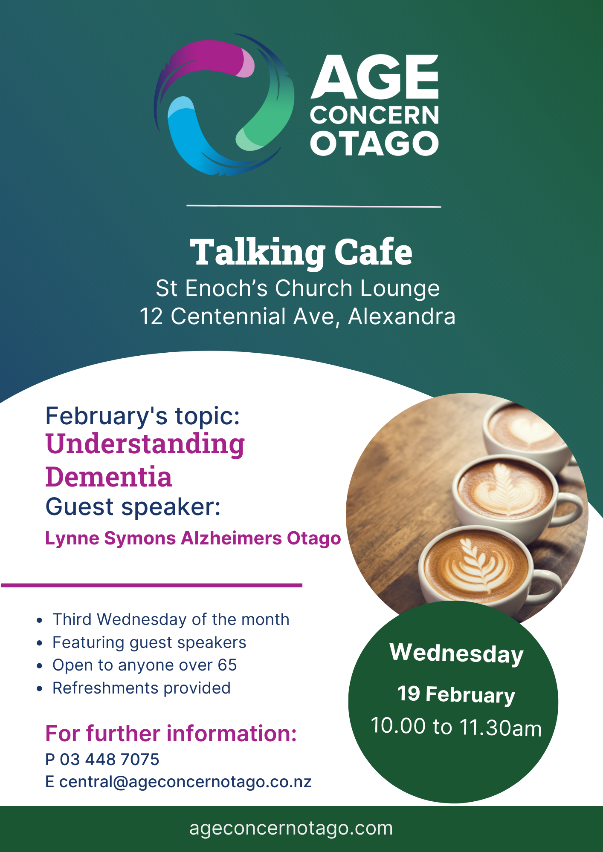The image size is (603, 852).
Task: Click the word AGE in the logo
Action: click(x=374, y=77)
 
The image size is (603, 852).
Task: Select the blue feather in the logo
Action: click(x=188, y=136)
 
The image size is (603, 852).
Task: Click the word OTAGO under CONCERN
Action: click(x=374, y=143)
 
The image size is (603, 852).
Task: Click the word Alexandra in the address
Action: click(x=402, y=317)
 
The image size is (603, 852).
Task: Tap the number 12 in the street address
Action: click(x=151, y=317)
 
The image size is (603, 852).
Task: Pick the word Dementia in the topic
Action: click(x=109, y=477)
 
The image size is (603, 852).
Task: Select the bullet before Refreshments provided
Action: click(x=39, y=688)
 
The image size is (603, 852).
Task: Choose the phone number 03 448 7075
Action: click(x=109, y=759)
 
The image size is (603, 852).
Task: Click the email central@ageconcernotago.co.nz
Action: click(x=185, y=782)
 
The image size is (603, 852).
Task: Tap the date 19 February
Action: click(x=456, y=694)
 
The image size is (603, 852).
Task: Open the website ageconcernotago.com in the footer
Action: click(x=291, y=828)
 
